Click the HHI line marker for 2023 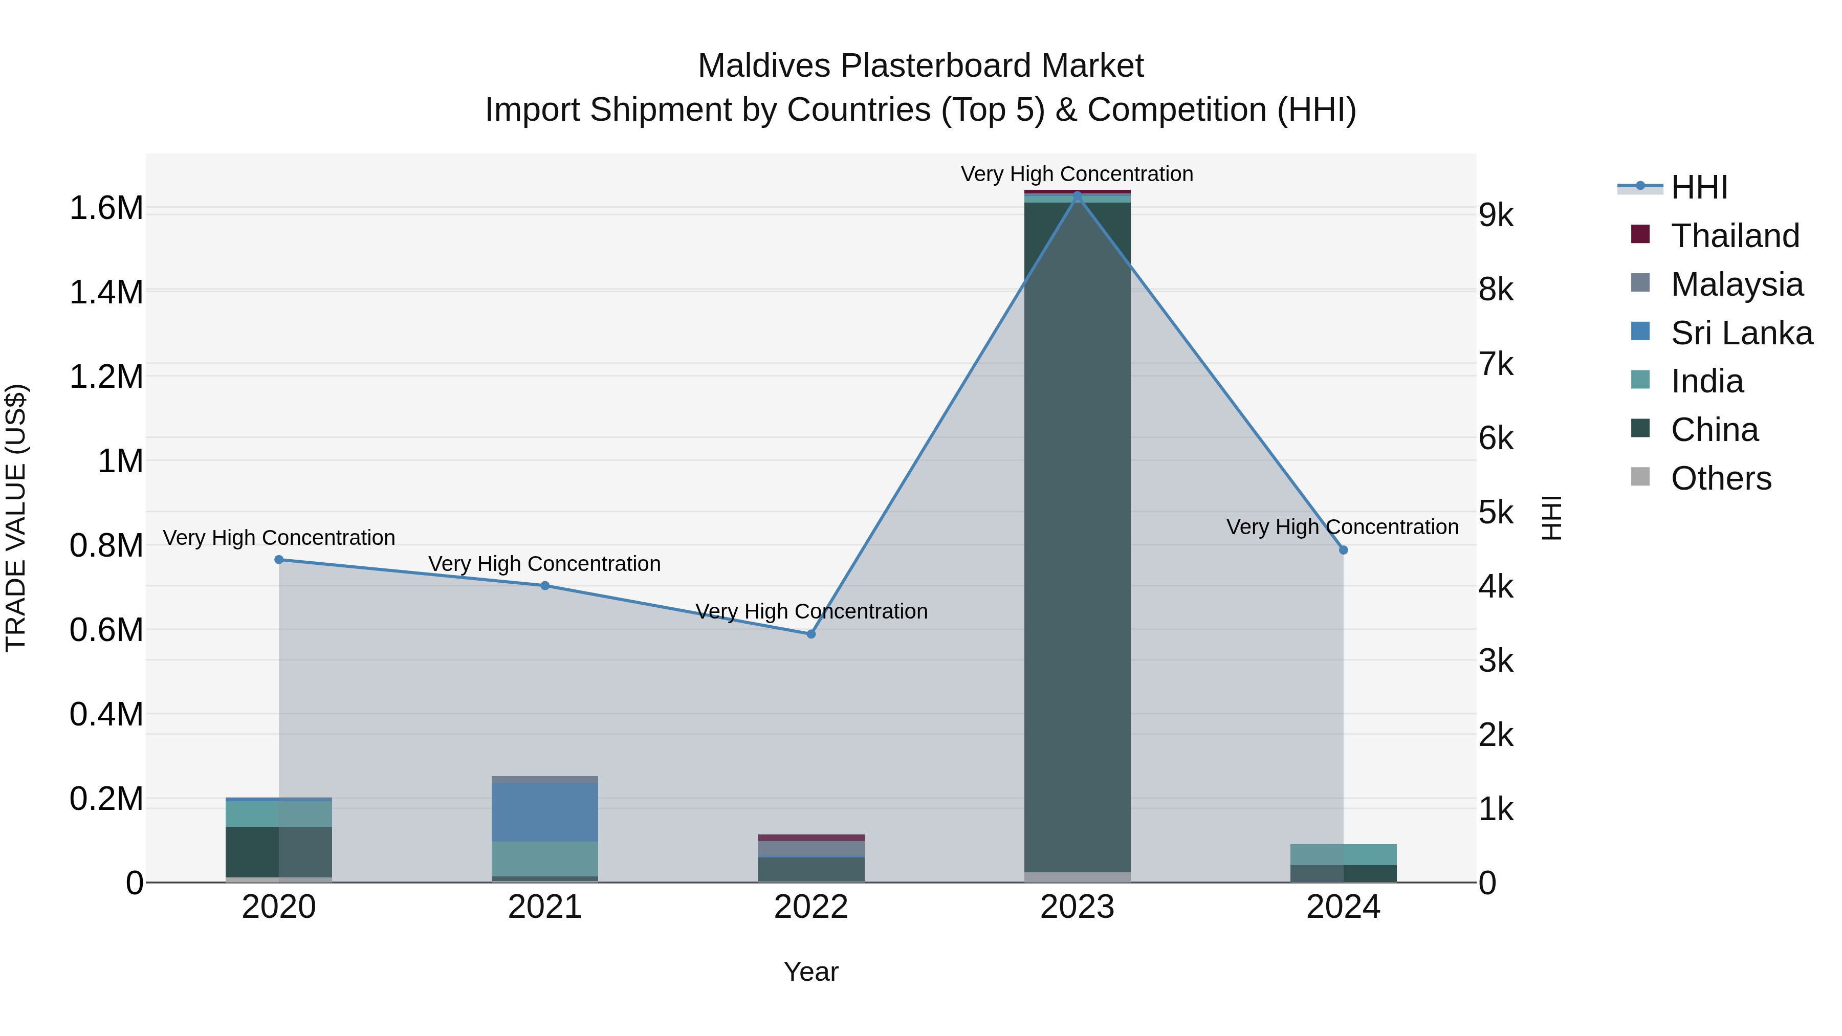pyautogui.click(x=1077, y=196)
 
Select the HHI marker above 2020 pyautogui.click(x=279, y=560)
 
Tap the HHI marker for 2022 pyautogui.click(x=811, y=634)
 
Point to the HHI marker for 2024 pyautogui.click(x=1343, y=550)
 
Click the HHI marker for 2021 pyautogui.click(x=545, y=586)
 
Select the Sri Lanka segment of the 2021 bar pyautogui.click(x=545, y=812)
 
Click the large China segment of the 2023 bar pyautogui.click(x=1077, y=536)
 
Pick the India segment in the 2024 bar pyautogui.click(x=1343, y=854)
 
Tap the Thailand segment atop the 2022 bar pyautogui.click(x=811, y=837)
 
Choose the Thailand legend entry pyautogui.click(x=1735, y=236)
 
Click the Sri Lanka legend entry pyautogui.click(x=1741, y=333)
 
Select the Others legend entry pyautogui.click(x=1720, y=478)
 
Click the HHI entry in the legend pyautogui.click(x=1699, y=187)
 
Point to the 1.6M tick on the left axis pyautogui.click(x=106, y=208)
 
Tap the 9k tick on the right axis pyautogui.click(x=1496, y=215)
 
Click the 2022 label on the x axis pyautogui.click(x=811, y=907)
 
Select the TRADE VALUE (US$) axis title pyautogui.click(x=16, y=518)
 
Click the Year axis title pyautogui.click(x=811, y=972)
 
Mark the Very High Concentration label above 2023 pyautogui.click(x=1077, y=174)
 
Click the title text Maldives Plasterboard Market pyautogui.click(x=920, y=66)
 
